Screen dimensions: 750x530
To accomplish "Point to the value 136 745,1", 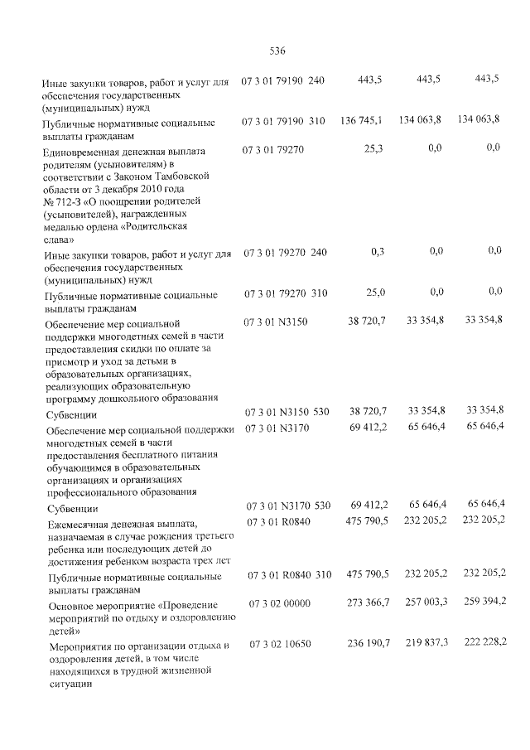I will coord(361,120).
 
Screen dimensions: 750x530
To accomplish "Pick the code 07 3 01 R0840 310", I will coord(287,573).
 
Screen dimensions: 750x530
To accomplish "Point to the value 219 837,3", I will coord(425,642).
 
